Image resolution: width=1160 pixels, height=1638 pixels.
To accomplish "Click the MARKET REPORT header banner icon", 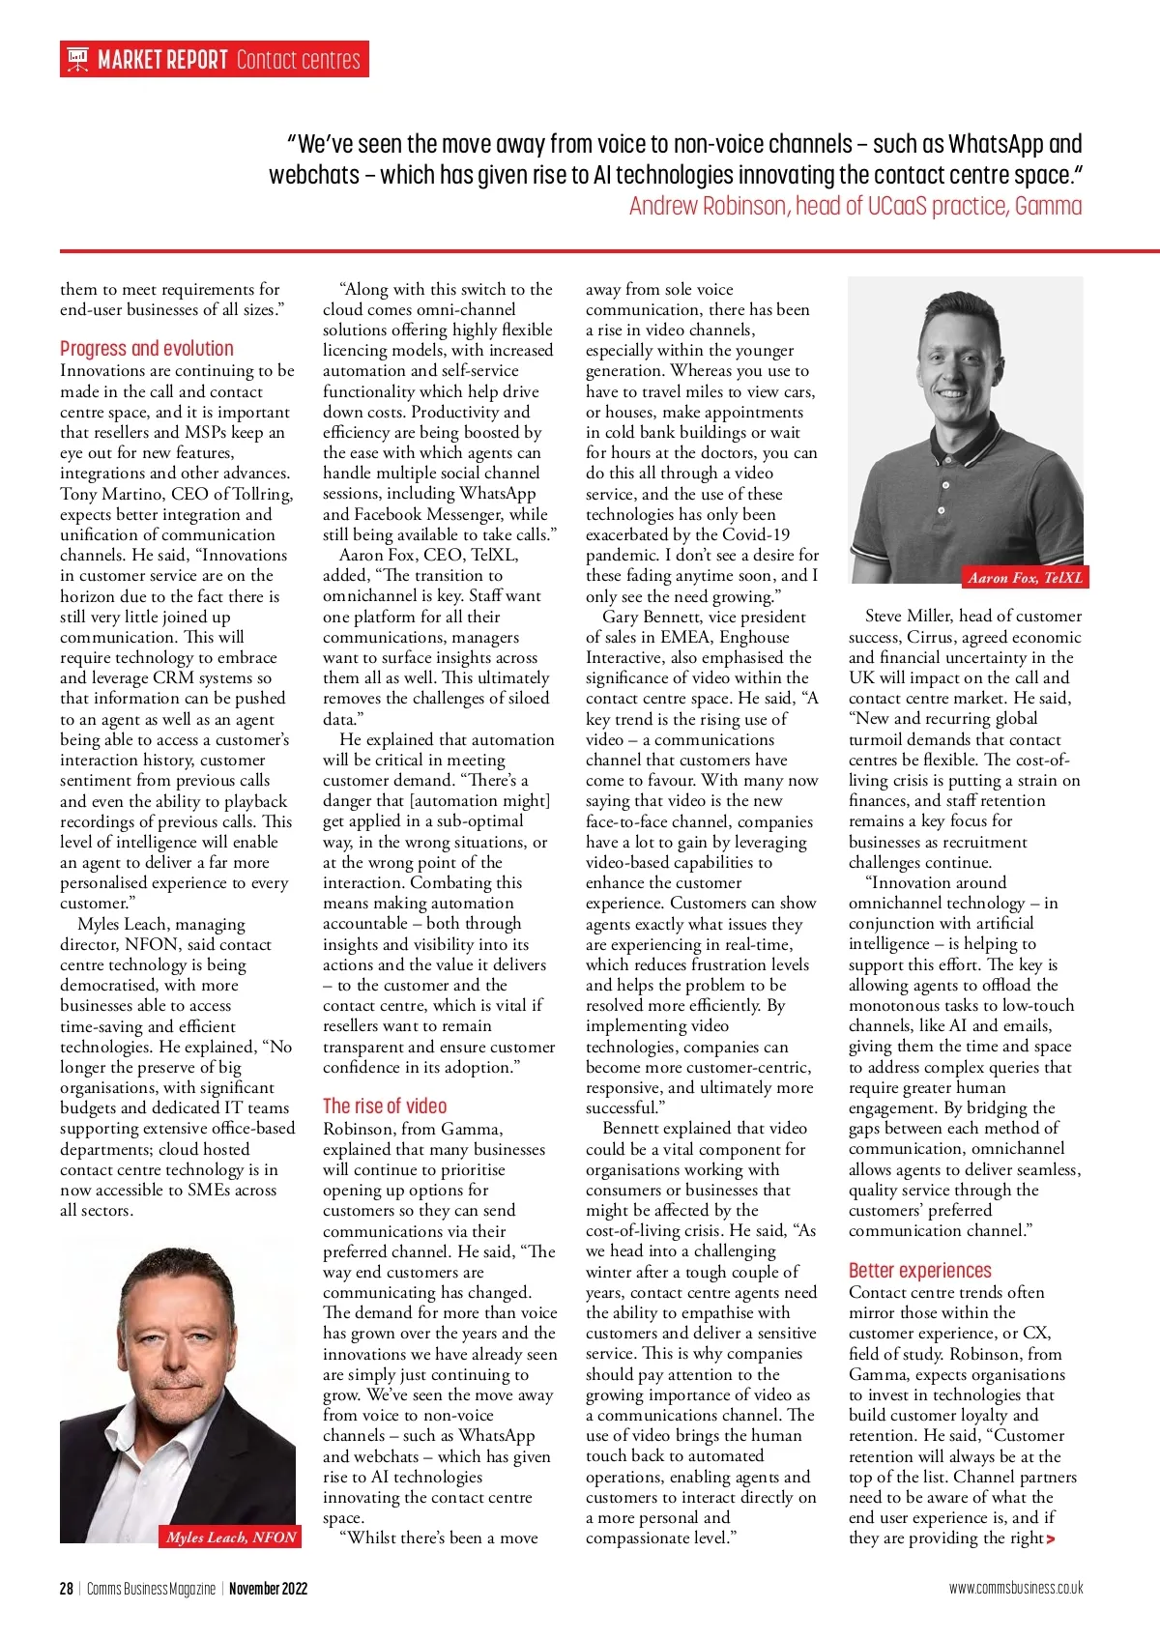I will [77, 60].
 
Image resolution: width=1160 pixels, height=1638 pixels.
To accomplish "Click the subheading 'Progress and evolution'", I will [147, 349].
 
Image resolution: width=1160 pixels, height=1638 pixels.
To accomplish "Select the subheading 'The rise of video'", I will [385, 1106].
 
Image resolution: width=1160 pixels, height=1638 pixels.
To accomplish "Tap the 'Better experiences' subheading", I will [920, 1271].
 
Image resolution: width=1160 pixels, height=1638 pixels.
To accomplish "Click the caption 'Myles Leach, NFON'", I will [231, 1537].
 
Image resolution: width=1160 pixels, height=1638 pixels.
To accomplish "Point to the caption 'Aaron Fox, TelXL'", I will [1025, 578].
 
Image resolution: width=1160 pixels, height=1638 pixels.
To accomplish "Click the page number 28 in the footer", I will [66, 1588].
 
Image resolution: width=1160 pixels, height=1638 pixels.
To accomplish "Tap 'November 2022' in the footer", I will [268, 1588].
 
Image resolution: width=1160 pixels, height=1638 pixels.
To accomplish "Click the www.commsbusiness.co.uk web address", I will [1016, 1588].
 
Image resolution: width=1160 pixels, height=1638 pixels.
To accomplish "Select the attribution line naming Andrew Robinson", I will [855, 206].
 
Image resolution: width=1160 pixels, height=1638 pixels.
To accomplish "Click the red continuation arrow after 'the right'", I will [1051, 1539].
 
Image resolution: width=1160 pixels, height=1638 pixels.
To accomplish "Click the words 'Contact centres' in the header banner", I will [298, 60].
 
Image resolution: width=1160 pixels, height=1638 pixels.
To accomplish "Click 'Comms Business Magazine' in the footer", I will [151, 1588].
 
